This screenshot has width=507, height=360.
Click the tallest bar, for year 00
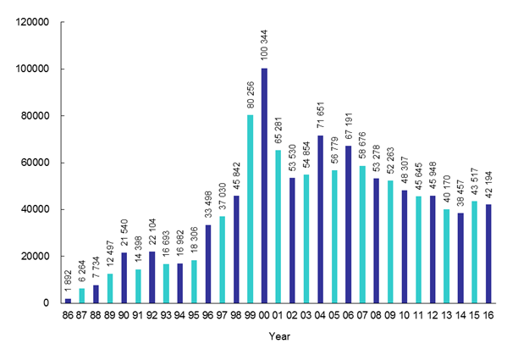[x=264, y=186]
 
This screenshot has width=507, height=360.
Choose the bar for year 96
[x=208, y=263]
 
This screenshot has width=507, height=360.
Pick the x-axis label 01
[x=278, y=317]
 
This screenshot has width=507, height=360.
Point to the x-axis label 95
[x=195, y=317]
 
